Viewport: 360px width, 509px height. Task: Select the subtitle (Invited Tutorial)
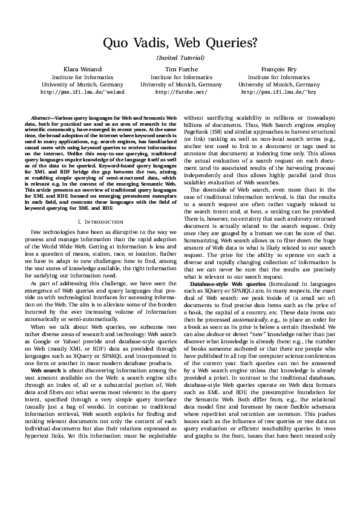tap(180, 57)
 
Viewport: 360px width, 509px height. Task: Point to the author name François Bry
tap(279, 70)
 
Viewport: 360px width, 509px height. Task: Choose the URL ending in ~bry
tap(279, 92)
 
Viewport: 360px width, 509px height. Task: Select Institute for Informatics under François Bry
tap(279, 77)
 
